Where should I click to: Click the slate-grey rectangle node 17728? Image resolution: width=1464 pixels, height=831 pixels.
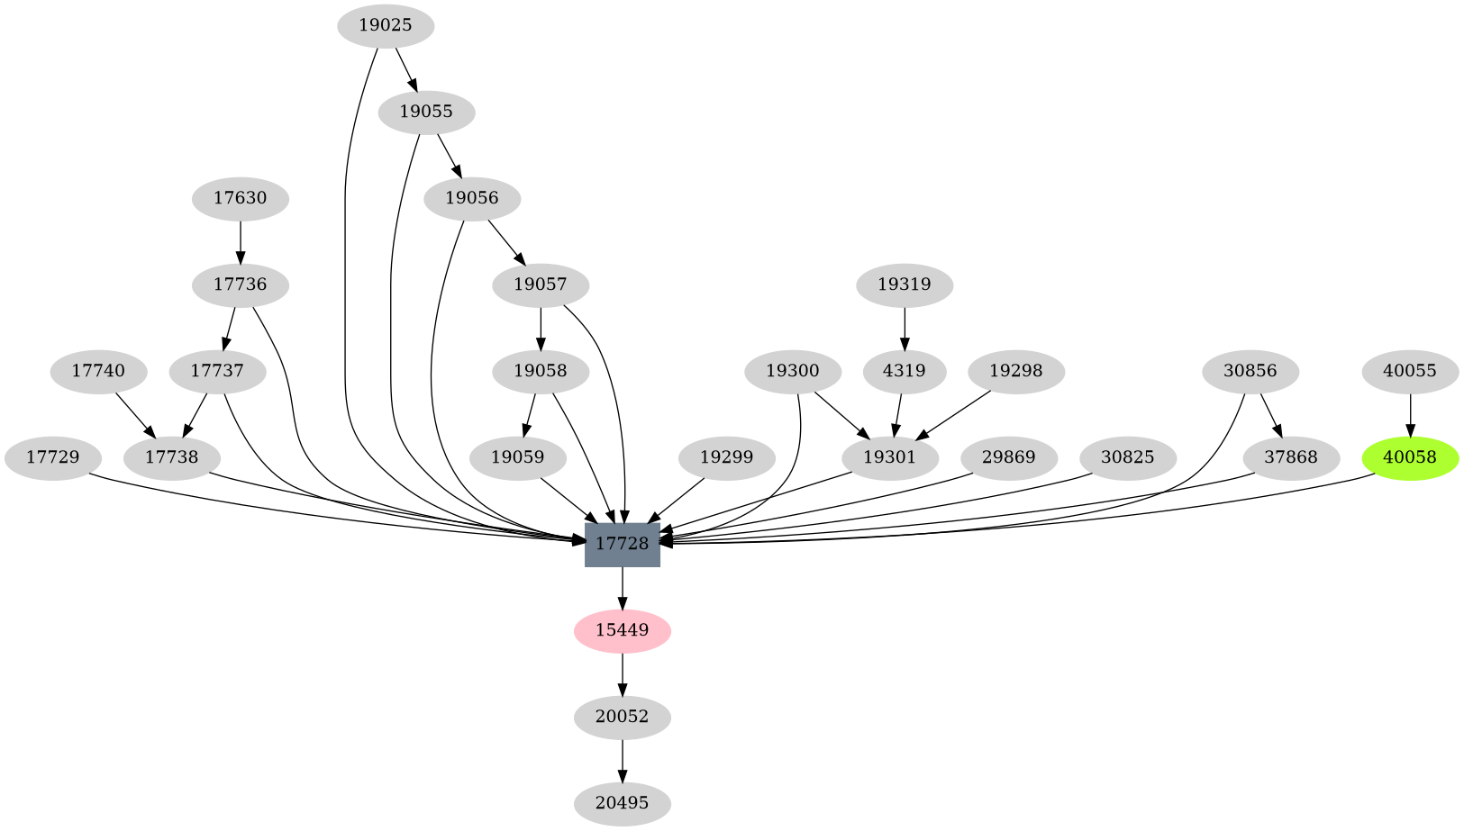[x=622, y=544]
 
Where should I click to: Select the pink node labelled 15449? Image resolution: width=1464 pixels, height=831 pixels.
[x=622, y=630]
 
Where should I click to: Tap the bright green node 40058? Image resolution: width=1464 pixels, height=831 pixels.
[x=1409, y=457]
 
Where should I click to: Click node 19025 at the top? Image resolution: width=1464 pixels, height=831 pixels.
[x=385, y=25]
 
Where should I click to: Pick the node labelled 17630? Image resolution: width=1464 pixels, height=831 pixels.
[x=240, y=198]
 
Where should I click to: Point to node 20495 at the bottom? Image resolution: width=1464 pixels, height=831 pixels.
[x=622, y=802]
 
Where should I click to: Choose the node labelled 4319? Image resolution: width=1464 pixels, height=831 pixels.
[x=904, y=371]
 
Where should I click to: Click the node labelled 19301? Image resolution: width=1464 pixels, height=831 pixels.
[x=889, y=457]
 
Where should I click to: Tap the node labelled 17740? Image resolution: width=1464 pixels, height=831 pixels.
[x=98, y=371]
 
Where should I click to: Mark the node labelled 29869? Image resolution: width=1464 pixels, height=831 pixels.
[x=1008, y=457]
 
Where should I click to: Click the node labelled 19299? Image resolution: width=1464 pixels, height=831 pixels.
[x=726, y=457]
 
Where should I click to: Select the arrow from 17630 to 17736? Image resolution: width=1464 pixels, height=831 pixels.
[x=240, y=241]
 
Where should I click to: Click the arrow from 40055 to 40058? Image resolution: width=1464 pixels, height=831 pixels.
[x=1409, y=414]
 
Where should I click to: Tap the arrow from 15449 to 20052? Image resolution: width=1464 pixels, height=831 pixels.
[x=622, y=674]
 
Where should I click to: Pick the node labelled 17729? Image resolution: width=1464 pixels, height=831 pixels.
[x=52, y=457]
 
